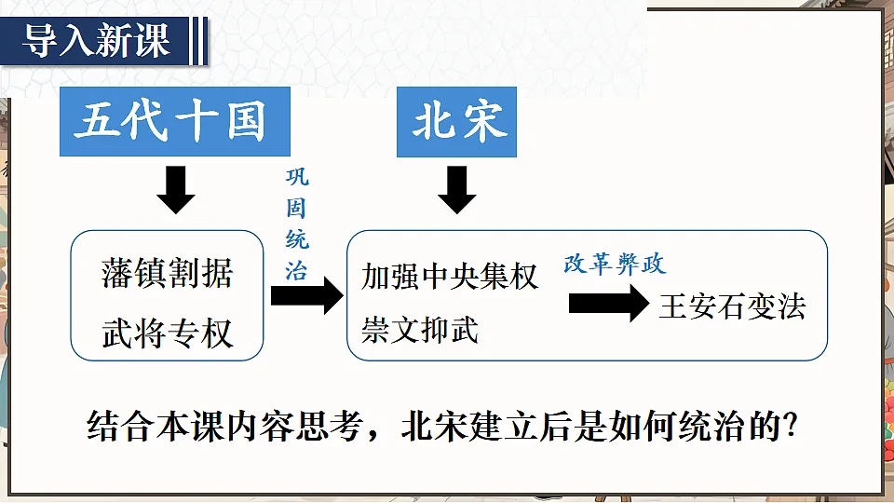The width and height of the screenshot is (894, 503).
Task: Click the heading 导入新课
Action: click(x=96, y=41)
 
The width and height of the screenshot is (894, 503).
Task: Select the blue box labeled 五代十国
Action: click(x=175, y=121)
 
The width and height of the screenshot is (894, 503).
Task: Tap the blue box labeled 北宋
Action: click(x=456, y=121)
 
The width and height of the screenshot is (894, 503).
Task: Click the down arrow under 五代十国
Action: click(x=176, y=190)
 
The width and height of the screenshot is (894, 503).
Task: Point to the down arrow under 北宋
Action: click(x=456, y=190)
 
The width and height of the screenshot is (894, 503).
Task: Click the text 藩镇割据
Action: click(x=167, y=273)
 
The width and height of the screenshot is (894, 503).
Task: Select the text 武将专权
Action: click(x=167, y=333)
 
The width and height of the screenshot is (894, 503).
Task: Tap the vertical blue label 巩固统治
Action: click(x=297, y=224)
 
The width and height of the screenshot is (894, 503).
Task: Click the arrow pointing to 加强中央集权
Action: click(x=306, y=295)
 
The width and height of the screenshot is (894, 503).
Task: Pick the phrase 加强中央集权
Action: click(x=449, y=277)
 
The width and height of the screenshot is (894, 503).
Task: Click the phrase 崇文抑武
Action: click(x=420, y=330)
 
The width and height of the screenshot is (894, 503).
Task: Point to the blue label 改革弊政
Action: click(x=615, y=264)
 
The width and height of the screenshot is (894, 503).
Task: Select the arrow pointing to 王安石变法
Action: click(x=608, y=303)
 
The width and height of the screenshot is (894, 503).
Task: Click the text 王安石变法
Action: click(x=732, y=306)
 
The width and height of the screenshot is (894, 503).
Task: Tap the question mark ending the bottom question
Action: click(x=791, y=426)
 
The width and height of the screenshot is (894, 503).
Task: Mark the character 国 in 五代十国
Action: click(x=246, y=121)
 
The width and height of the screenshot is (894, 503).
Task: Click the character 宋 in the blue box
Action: click(x=485, y=121)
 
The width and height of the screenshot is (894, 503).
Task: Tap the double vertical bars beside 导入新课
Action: click(x=199, y=41)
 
